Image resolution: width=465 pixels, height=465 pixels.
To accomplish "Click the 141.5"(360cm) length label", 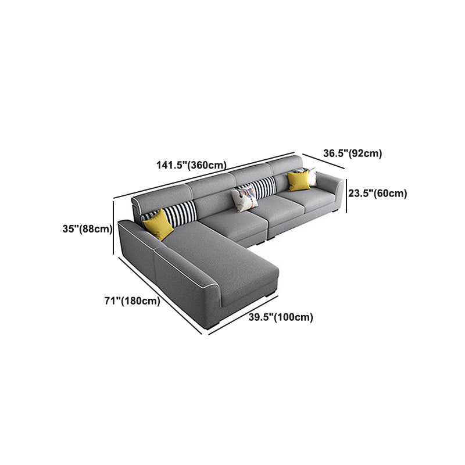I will (x=191, y=165).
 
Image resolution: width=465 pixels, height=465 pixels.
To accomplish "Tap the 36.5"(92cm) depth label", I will (x=352, y=153).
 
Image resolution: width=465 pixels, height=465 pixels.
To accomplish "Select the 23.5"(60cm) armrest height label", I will (x=377, y=194).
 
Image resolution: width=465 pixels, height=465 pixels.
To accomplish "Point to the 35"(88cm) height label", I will (x=87, y=229).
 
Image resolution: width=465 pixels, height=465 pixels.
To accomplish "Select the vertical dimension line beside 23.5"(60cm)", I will (x=347, y=194).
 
